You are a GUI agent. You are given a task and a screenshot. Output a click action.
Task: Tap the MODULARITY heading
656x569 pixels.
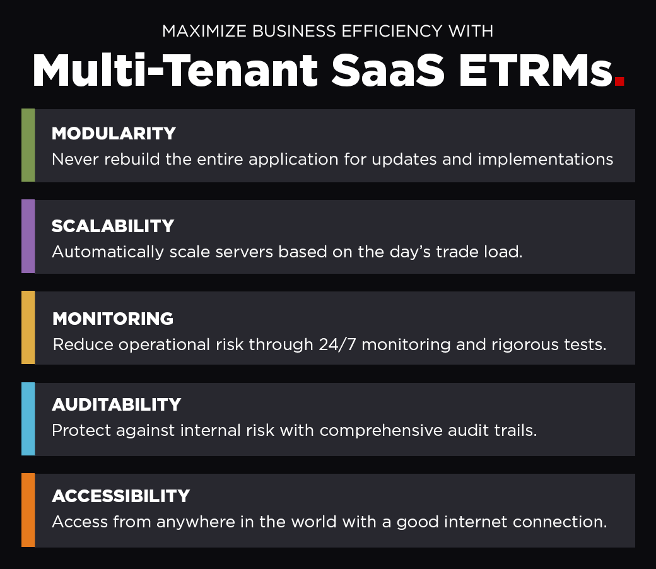pos(114,134)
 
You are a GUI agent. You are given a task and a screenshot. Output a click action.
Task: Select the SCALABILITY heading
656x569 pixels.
pos(113,226)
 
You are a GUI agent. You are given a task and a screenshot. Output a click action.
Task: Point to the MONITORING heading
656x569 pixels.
pos(113,319)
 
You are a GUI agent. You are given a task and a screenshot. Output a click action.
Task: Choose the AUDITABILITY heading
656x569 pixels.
pos(117,404)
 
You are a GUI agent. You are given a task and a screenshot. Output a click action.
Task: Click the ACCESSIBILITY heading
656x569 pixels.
pos(121,496)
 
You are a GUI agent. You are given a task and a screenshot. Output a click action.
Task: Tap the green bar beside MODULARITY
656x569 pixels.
pos(28,145)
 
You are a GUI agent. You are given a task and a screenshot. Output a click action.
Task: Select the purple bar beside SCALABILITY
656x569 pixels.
pos(28,237)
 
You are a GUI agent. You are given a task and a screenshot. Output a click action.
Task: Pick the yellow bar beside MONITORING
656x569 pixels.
pos(28,327)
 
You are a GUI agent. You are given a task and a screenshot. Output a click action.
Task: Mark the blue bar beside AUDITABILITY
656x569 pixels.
pos(28,419)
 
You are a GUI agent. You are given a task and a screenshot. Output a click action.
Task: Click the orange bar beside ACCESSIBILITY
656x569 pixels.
pos(28,510)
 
